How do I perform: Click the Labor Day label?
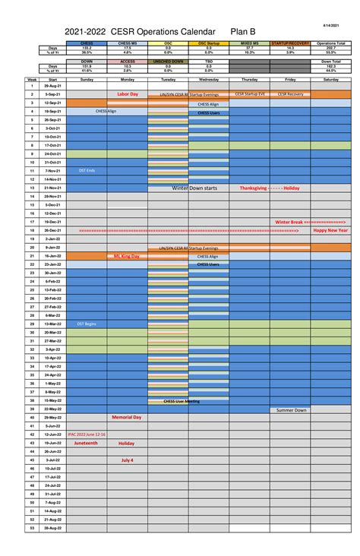[x=128, y=94]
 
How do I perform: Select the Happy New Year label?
[x=331, y=230]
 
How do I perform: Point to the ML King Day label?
[x=127, y=257]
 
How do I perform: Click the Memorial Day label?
[x=127, y=417]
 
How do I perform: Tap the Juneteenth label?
[x=86, y=443]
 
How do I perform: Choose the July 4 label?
[x=127, y=460]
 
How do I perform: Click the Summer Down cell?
[x=291, y=409]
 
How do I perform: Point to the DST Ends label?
[x=86, y=171]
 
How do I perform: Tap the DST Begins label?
[x=86, y=324]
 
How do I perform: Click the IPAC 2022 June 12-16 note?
[x=87, y=434]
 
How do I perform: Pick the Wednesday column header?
[x=209, y=79]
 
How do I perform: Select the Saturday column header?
[x=331, y=79]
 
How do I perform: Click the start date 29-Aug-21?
[x=52, y=86]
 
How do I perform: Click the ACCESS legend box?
[x=127, y=61]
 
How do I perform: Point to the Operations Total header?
[x=331, y=43]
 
